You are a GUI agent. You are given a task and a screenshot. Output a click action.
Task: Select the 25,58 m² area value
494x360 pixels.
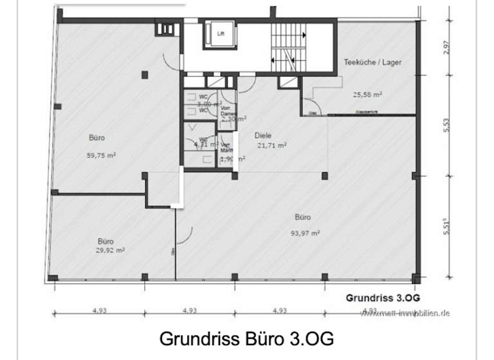tap(367, 94)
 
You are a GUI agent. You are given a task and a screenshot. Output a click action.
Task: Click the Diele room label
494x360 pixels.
tap(263, 136)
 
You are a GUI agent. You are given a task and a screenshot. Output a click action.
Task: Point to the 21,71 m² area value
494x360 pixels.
tap(271, 145)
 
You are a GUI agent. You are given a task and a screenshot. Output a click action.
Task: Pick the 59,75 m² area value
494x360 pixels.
tap(100, 155)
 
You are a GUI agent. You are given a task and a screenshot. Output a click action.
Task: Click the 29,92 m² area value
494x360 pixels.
tap(110, 251)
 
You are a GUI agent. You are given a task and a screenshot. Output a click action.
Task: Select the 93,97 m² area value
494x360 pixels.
tap(306, 233)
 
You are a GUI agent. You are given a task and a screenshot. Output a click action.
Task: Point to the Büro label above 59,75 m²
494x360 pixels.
tap(96, 138)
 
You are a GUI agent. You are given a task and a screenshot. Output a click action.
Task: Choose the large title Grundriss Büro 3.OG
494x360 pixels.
tap(246, 338)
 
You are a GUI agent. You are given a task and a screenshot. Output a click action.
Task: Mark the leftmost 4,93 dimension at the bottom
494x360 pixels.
tap(99, 311)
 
